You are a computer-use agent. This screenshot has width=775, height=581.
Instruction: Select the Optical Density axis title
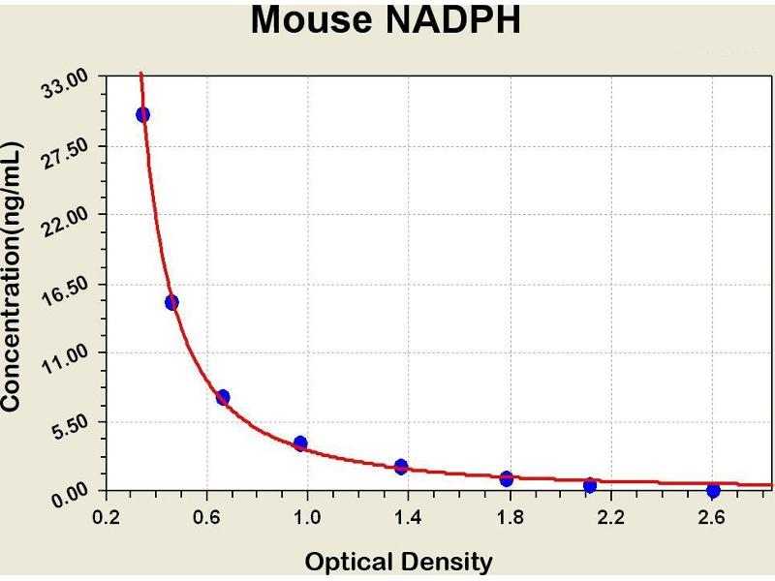click(x=398, y=562)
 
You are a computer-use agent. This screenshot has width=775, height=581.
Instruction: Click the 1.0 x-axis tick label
click(x=307, y=517)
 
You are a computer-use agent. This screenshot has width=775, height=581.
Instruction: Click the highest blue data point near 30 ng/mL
click(x=142, y=114)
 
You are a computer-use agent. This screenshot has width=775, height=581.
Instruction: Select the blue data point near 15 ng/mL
click(x=171, y=302)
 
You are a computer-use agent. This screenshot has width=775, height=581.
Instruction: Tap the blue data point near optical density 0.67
click(x=223, y=397)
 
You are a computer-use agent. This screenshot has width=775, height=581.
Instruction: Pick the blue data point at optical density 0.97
click(x=300, y=443)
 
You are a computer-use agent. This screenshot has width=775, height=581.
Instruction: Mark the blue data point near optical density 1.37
click(x=401, y=467)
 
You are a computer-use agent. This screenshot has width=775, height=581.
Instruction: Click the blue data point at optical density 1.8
click(x=507, y=478)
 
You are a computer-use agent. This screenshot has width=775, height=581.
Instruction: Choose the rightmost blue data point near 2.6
click(x=713, y=491)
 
